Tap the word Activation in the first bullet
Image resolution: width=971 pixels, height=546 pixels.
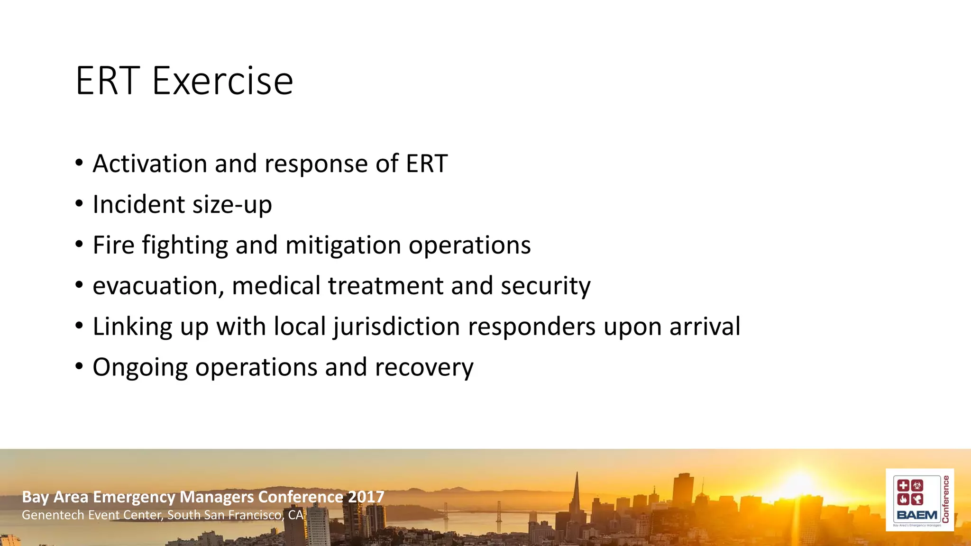150,164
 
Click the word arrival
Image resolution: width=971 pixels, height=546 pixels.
705,327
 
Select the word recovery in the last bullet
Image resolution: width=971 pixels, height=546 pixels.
424,368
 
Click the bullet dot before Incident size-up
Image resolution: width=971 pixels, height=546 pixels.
79,204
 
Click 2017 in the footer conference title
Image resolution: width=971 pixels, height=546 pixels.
366,497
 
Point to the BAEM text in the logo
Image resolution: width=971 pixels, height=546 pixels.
917,515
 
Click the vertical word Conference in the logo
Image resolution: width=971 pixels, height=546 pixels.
946,499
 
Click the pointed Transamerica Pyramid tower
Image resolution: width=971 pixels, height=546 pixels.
577,498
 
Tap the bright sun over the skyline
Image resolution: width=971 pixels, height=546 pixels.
800,483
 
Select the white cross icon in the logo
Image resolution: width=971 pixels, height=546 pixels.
903,485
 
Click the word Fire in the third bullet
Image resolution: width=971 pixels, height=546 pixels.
113,246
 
